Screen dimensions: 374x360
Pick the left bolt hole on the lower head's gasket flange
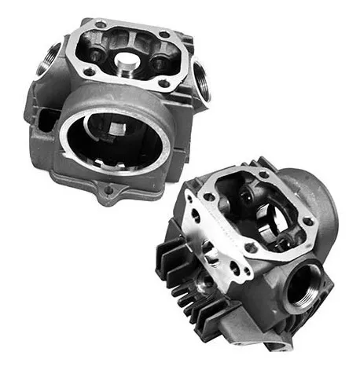pos(208,196)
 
